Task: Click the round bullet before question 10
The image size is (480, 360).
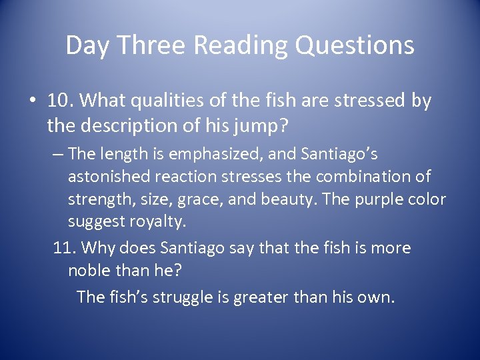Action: [x=31, y=102]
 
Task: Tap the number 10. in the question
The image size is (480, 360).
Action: [x=61, y=101]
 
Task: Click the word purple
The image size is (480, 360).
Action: [x=382, y=199]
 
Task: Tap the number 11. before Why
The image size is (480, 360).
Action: [x=65, y=248]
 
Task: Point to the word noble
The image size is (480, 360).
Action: [x=91, y=272]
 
